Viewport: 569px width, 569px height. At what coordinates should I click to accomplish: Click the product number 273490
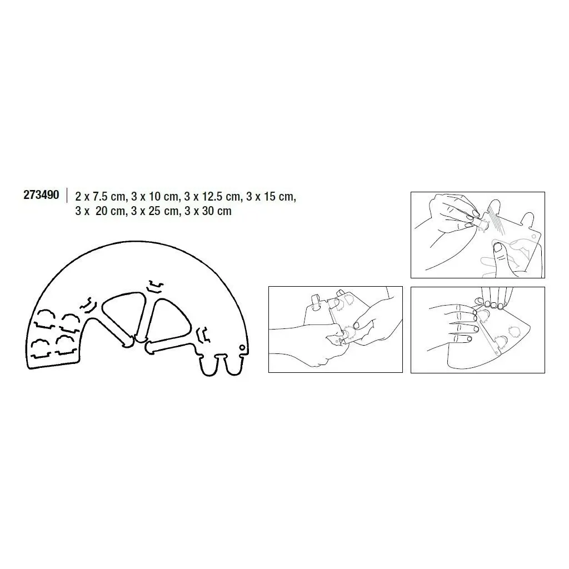coord(41,195)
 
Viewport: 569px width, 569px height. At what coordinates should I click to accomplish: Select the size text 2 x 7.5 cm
coord(100,197)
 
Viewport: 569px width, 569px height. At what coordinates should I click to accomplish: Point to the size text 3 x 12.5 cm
coord(212,197)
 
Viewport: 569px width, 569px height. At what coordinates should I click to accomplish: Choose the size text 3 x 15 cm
coord(271,197)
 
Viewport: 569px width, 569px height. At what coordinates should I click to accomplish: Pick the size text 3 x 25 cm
coord(155,211)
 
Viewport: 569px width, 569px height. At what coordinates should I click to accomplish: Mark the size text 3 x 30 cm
coord(208,211)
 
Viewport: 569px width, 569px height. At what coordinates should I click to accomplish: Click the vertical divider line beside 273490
coord(67,195)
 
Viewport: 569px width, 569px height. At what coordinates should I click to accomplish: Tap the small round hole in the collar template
coord(242,348)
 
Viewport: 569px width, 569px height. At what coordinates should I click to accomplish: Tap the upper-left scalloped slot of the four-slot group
coord(44,318)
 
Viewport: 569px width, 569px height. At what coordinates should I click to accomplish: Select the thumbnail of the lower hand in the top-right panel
coord(498,247)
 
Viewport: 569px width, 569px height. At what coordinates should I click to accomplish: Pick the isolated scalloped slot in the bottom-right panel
coord(515,331)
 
